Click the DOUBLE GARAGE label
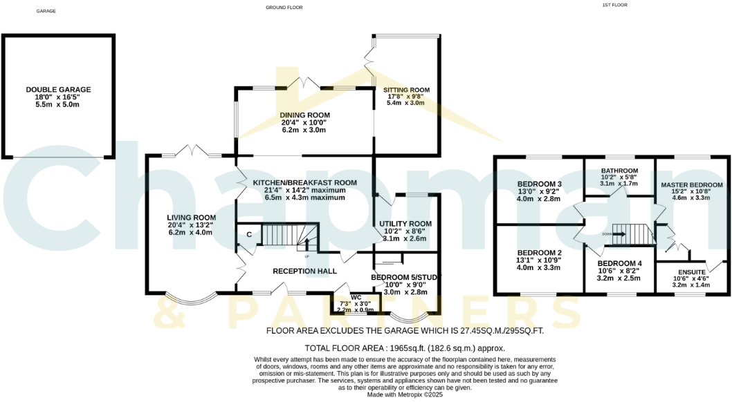click(58, 90)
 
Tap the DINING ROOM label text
click(304, 115)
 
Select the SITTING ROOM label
click(406, 90)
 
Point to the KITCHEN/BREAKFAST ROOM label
click(304, 182)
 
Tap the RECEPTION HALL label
click(304, 271)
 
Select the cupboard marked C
click(248, 234)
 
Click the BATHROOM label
click(619, 171)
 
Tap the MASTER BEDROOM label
click(691, 185)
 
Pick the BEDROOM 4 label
click(619, 263)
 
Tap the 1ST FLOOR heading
click(614, 6)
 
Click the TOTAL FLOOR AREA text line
click(405, 348)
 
